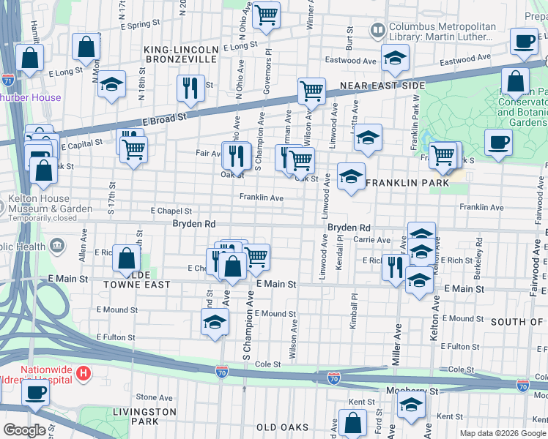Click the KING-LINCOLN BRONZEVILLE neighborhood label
(180, 53)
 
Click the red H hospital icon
(84, 374)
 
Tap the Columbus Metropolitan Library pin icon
(377, 31)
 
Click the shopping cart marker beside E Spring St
(266, 15)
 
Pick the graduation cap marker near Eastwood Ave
(395, 60)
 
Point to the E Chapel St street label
(171, 211)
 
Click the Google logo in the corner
(24, 430)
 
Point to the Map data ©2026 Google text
(503, 433)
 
